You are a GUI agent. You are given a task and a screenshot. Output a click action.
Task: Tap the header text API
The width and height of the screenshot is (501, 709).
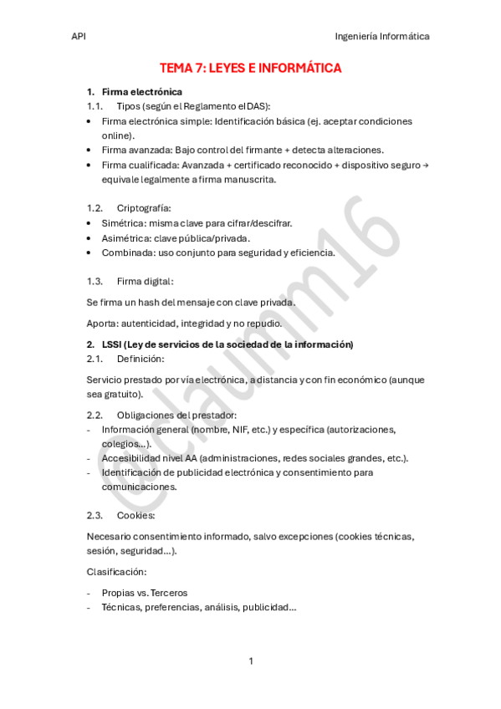click(x=79, y=37)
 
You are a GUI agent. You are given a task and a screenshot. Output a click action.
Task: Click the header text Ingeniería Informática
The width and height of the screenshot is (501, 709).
click(x=381, y=37)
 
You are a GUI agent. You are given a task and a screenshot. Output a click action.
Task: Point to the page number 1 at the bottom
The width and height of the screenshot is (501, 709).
click(x=251, y=661)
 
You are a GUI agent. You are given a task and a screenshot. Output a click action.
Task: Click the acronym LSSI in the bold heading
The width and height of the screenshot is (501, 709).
click(x=113, y=344)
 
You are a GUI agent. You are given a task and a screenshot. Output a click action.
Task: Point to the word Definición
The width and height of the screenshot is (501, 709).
click(x=141, y=359)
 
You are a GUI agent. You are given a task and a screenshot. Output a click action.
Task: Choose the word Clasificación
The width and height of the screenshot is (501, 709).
click(x=117, y=572)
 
